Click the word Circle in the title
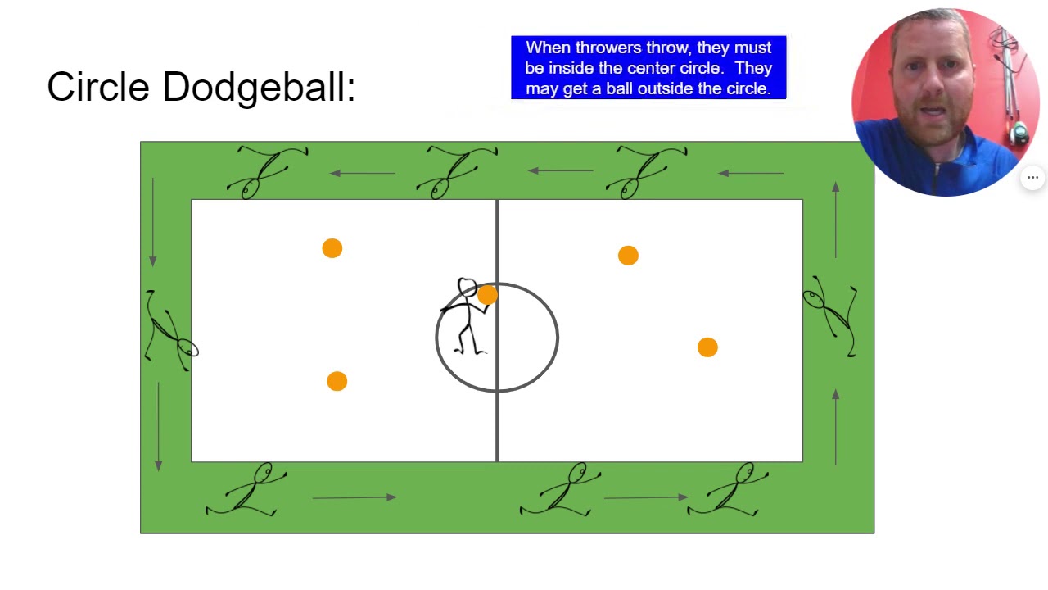(98, 86)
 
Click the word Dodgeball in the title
(259, 88)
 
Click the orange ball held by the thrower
(487, 295)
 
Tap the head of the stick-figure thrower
(467, 287)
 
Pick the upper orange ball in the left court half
(332, 248)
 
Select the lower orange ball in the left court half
(337, 381)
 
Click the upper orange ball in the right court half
(628, 256)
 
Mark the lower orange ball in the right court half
(707, 347)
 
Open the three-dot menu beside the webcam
(1033, 178)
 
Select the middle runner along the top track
(456, 171)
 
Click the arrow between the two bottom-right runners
(645, 497)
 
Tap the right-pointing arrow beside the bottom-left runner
(355, 497)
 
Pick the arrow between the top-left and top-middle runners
(363, 173)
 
